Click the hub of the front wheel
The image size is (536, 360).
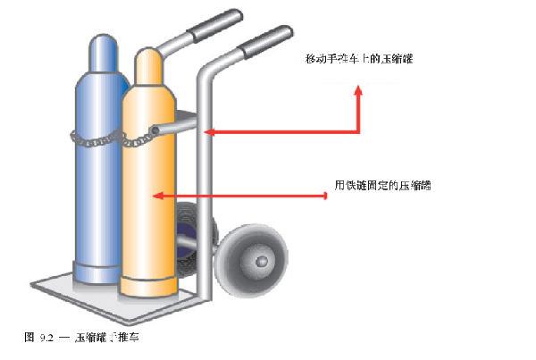[x=262, y=263]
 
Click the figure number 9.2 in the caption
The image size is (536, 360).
[x=46, y=338]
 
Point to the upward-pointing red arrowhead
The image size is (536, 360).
[x=359, y=90]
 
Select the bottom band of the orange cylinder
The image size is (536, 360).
[x=149, y=288]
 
